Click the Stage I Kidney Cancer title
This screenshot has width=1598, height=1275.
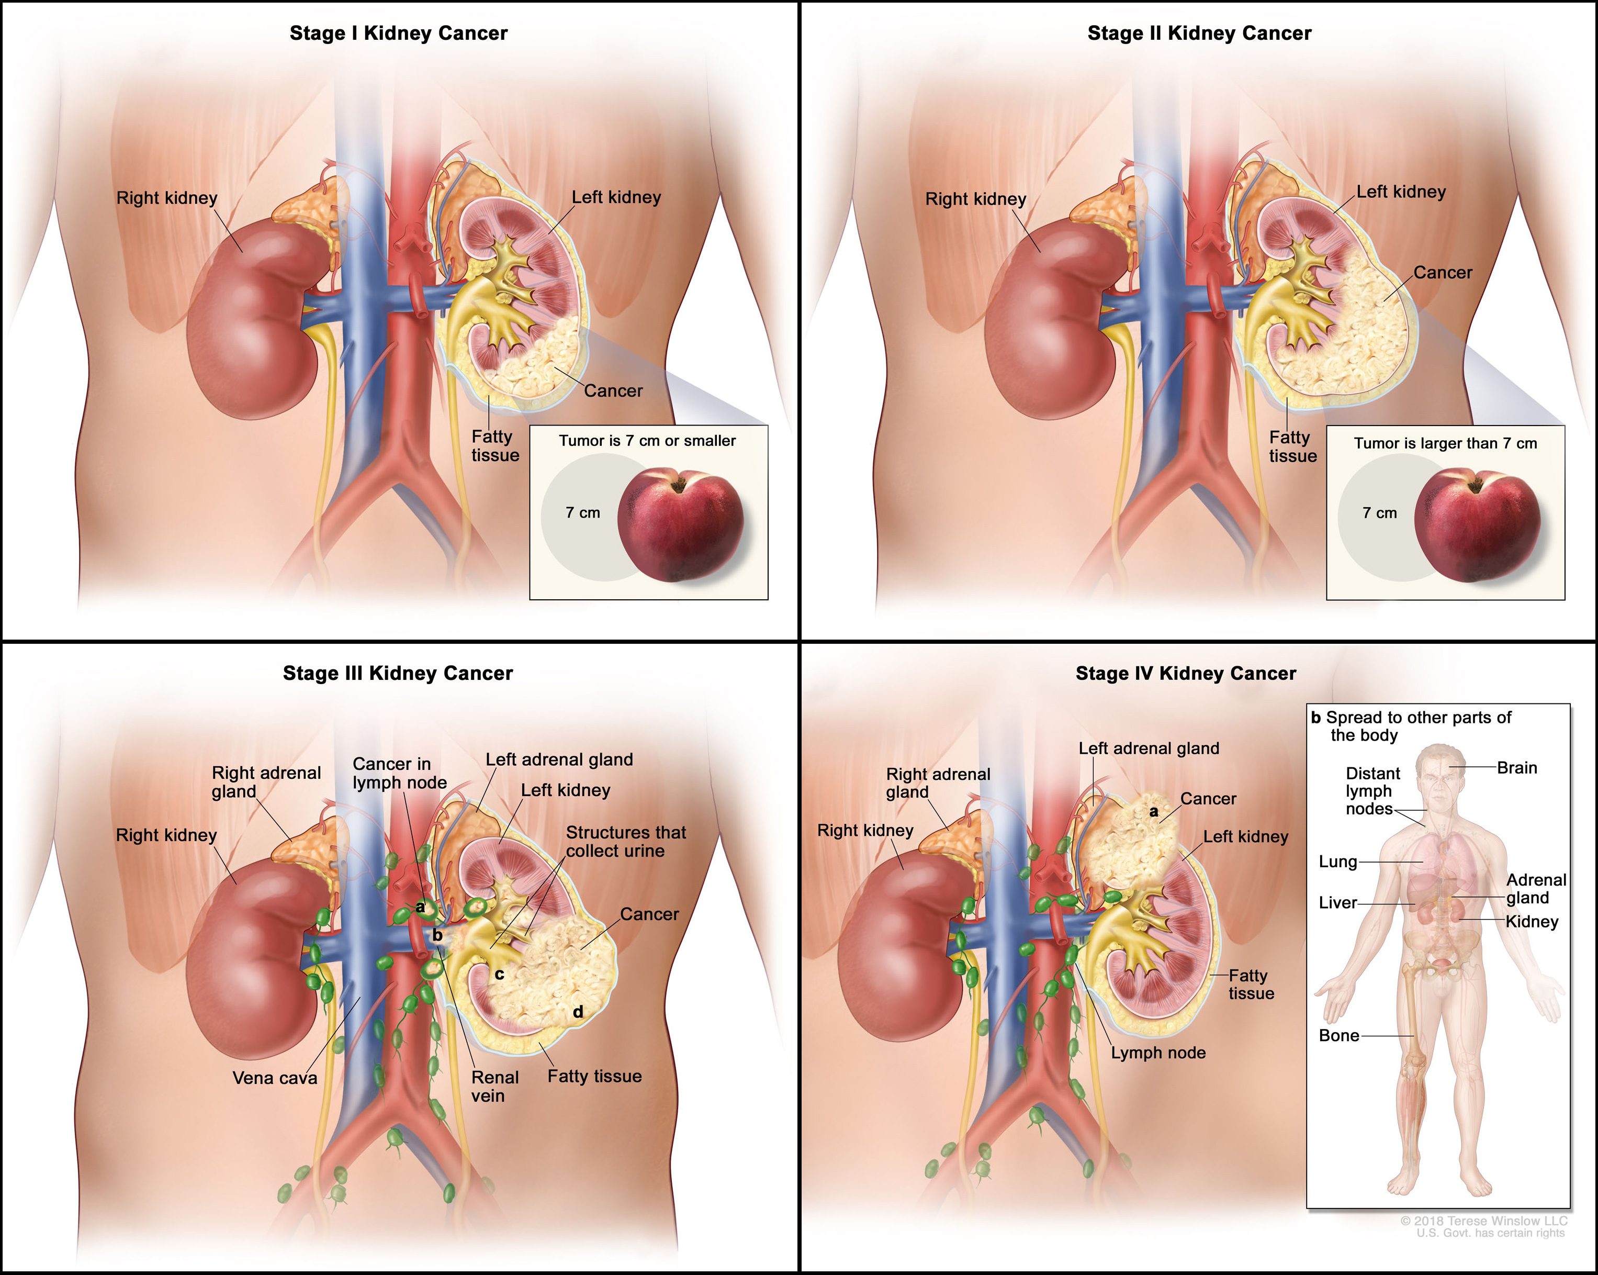[x=398, y=33]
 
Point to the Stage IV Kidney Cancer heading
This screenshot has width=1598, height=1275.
[x=1185, y=673]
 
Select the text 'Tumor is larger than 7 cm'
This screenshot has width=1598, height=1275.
[x=1445, y=443]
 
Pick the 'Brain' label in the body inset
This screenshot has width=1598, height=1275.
[x=1516, y=768]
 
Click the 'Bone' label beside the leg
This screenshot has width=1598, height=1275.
[x=1338, y=1036]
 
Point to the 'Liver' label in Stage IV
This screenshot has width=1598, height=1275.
[x=1337, y=903]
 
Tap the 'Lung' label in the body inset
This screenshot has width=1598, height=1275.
[x=1337, y=862]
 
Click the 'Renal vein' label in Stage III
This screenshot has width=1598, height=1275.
[x=494, y=1087]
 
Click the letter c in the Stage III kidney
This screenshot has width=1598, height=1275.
[x=500, y=974]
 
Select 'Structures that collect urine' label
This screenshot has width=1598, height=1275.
[x=626, y=841]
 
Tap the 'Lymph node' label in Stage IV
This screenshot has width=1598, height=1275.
[x=1158, y=1053]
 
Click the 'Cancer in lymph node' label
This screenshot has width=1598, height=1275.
[x=400, y=773]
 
